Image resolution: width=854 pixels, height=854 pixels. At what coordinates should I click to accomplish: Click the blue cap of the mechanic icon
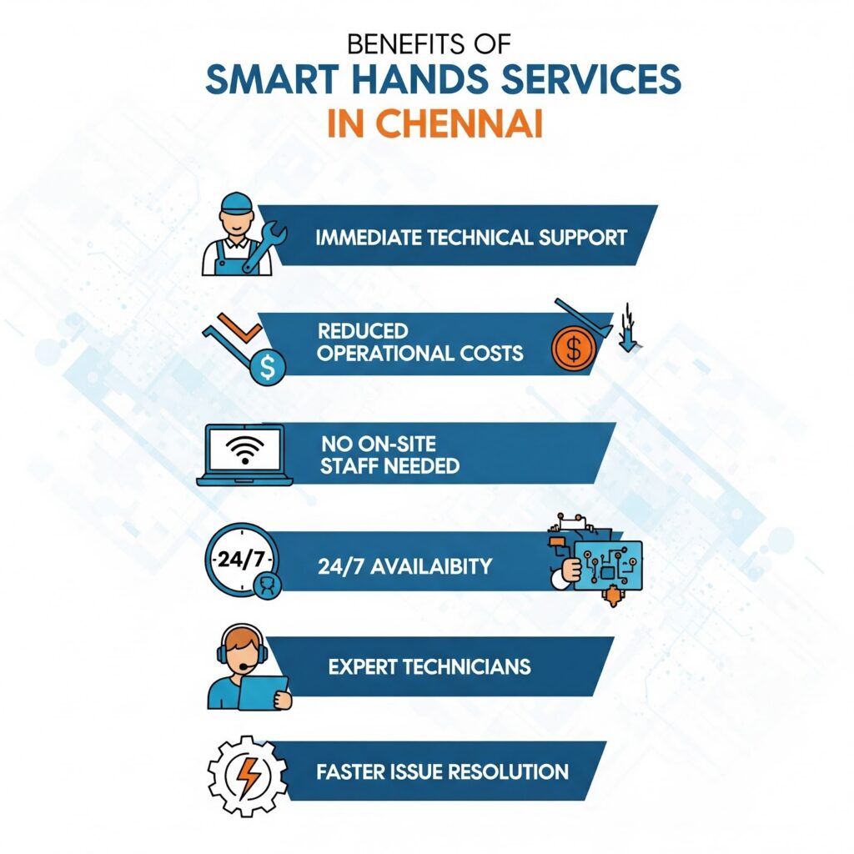coord(236,202)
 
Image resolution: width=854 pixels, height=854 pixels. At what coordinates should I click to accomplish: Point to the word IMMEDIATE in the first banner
coord(369,238)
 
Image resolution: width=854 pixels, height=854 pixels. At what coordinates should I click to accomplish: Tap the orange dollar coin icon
coord(574,349)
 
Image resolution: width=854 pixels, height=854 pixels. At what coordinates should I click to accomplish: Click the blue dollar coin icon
coord(268,367)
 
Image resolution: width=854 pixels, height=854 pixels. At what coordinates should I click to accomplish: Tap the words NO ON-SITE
coord(379,444)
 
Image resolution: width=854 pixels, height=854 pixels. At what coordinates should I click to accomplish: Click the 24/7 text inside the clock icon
coord(240,559)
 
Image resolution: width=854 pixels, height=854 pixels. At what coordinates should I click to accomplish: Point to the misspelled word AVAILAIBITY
coord(431,567)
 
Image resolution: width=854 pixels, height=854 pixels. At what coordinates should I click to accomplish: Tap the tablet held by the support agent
coord(263,692)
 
